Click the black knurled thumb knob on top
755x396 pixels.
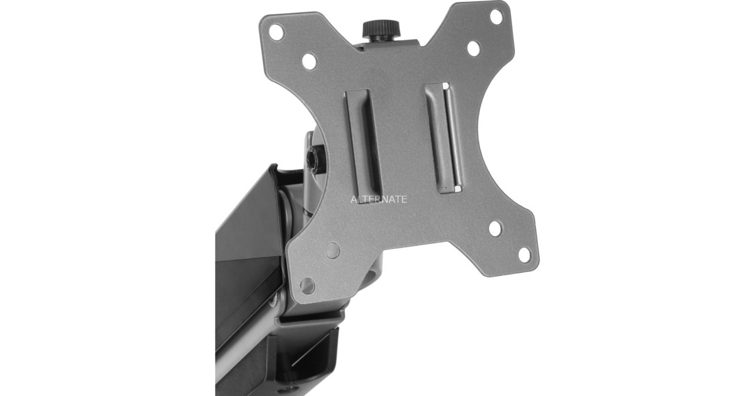point(381,30)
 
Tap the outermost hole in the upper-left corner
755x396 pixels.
point(276,32)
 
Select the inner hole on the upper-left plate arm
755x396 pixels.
point(310,62)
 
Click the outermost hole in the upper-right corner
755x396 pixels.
point(496,17)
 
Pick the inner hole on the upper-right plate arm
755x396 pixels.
point(474,48)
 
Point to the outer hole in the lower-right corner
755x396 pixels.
point(523,255)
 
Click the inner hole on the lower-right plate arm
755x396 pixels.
point(495,228)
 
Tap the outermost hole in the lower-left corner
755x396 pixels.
point(307,285)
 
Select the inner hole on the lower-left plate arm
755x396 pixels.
point(333,251)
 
